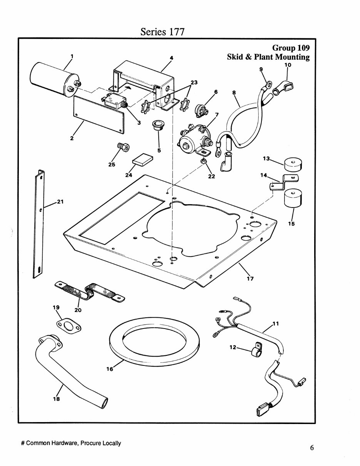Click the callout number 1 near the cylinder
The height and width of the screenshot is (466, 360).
[71, 56]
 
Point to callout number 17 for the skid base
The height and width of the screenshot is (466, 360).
[250, 278]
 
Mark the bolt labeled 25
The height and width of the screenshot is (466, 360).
[123, 147]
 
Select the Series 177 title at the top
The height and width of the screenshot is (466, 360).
[162, 32]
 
